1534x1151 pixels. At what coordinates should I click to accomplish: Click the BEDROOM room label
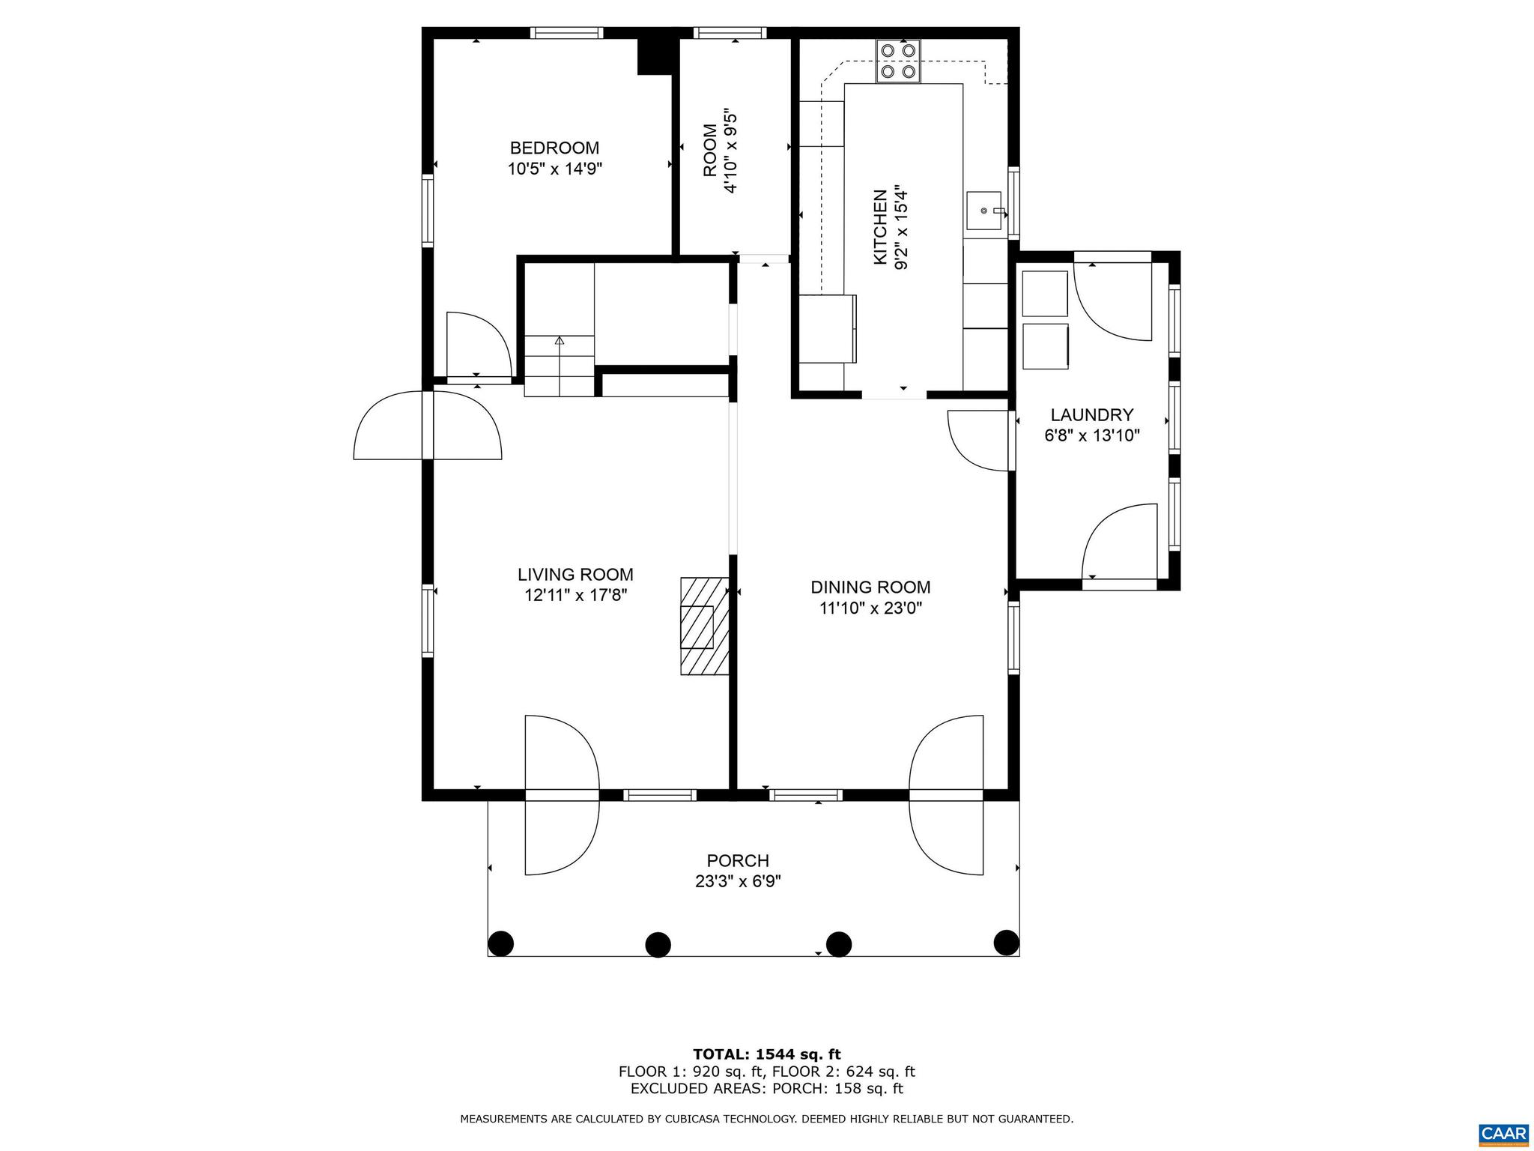tap(554, 148)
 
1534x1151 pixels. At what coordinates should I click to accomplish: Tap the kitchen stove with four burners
tap(898, 61)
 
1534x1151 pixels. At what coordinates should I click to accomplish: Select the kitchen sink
tap(984, 211)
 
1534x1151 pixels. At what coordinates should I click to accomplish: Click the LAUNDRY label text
tap(1091, 415)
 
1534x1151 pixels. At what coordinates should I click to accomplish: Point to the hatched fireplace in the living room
tap(704, 626)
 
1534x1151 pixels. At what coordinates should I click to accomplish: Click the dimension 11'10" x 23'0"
tap(870, 608)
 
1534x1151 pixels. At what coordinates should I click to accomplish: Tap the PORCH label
tap(738, 861)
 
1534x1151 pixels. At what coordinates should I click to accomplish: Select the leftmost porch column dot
tap(501, 942)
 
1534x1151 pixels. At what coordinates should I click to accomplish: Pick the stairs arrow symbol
tap(559, 341)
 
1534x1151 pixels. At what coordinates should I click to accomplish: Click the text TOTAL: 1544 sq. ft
tap(766, 1055)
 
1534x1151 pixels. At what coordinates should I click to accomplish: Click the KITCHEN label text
tap(881, 226)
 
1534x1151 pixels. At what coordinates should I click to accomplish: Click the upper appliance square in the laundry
tap(1044, 294)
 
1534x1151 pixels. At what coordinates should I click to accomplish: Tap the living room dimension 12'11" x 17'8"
tap(575, 596)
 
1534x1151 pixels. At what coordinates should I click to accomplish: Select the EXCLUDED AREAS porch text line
tap(766, 1089)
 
